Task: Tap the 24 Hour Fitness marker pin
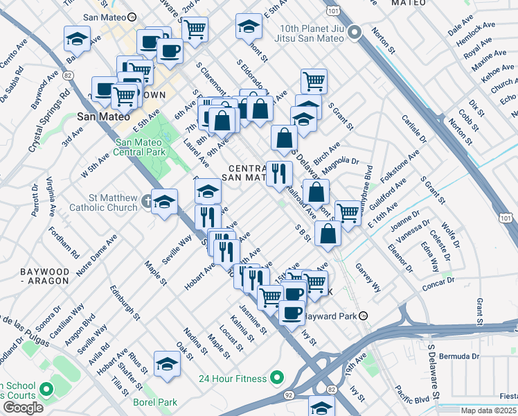tap(278, 378)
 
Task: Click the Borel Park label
tap(155, 402)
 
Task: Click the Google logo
tap(23, 408)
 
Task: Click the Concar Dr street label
tap(440, 281)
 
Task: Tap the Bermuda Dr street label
tap(459, 356)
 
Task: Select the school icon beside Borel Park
tap(167, 364)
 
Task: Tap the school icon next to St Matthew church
tap(164, 202)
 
